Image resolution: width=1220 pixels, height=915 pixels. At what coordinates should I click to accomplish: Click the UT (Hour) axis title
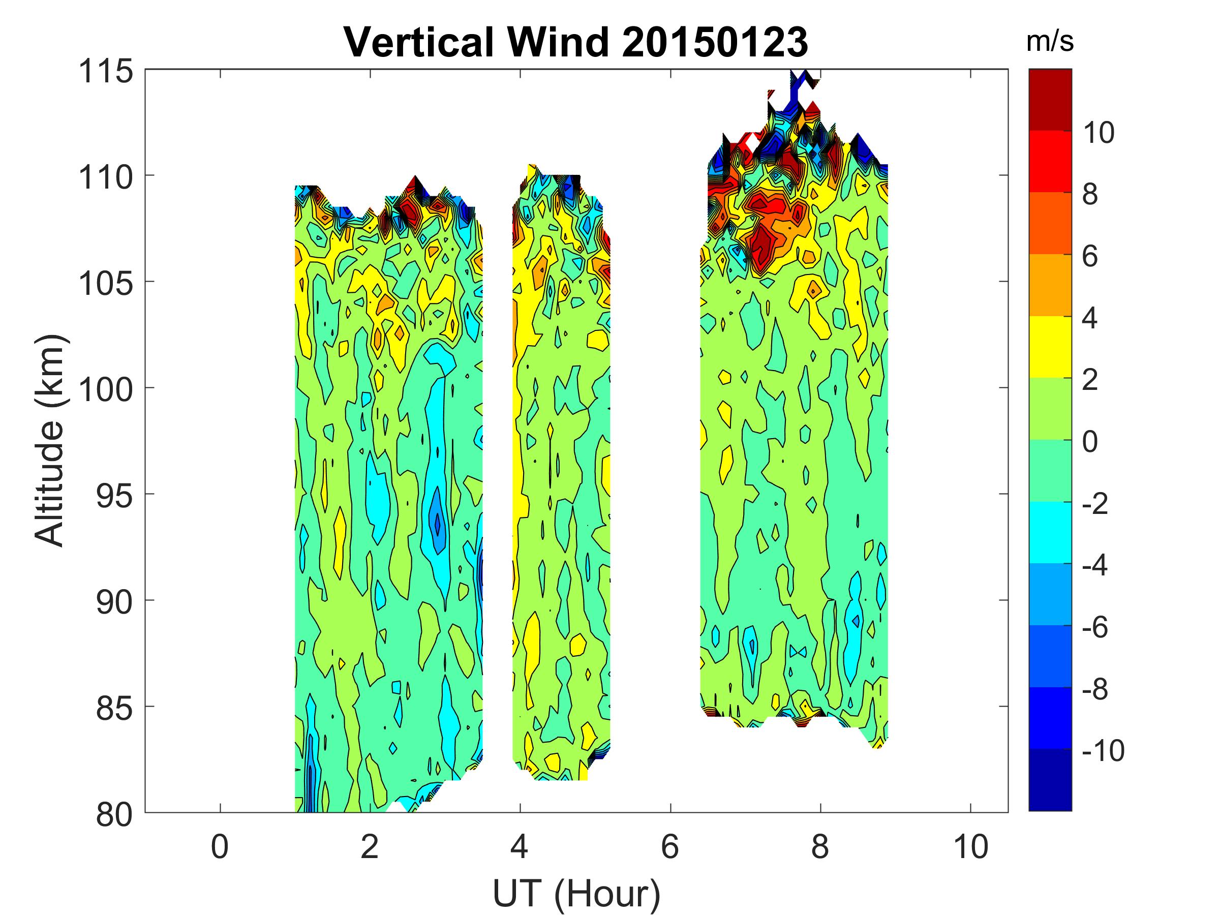pyautogui.click(x=576, y=893)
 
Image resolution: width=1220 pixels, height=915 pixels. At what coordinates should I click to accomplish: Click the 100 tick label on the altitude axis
pyautogui.click(x=106, y=389)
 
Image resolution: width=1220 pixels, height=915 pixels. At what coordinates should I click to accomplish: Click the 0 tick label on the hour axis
pyautogui.click(x=220, y=846)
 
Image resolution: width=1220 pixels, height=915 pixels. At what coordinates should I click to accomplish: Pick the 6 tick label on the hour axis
pyautogui.click(x=670, y=846)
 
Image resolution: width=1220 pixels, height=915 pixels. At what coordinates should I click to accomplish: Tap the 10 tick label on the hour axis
pyautogui.click(x=971, y=846)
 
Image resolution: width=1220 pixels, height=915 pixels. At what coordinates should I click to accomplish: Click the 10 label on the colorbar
pyautogui.click(x=1097, y=133)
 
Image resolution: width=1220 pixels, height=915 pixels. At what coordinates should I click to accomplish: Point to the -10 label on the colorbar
pyautogui.click(x=1103, y=750)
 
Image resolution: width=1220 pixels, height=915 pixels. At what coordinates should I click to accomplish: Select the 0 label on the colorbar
pyautogui.click(x=1090, y=442)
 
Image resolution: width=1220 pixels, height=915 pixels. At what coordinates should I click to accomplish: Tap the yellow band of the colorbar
pyautogui.click(x=1050, y=346)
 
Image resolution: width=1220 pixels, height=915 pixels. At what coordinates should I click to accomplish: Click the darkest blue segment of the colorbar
pyautogui.click(x=1050, y=779)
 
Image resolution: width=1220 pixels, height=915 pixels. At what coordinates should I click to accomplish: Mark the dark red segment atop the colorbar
pyautogui.click(x=1050, y=99)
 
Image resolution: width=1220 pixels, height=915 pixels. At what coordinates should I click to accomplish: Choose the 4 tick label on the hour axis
pyautogui.click(x=520, y=846)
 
